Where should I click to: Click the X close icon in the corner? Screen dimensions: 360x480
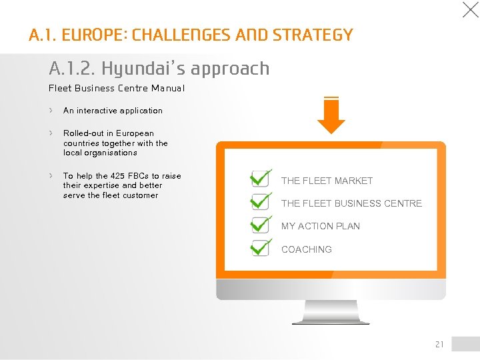pos(470,10)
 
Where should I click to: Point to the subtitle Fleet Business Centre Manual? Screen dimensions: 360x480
pos(117,88)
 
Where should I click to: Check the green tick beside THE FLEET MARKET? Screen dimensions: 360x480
pos(260,179)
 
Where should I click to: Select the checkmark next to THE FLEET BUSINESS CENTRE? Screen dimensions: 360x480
pos(260,202)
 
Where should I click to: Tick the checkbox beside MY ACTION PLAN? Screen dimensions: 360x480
pos(260,225)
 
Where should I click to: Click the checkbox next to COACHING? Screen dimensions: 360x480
pos(260,247)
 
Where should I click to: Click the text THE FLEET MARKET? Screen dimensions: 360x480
pos(327,181)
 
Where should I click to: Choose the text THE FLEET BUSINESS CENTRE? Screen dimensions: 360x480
pos(351,203)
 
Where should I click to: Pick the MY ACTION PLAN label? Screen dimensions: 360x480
pos(320,226)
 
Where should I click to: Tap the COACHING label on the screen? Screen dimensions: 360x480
pos(306,249)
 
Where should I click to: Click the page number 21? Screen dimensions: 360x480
pos(439,345)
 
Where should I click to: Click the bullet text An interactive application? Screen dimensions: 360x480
pos(113,111)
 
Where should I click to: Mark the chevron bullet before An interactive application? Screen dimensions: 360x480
pos(51,111)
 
